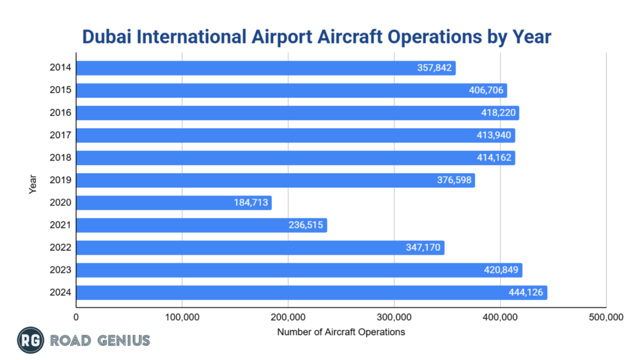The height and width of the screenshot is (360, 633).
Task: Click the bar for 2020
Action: point(173,203)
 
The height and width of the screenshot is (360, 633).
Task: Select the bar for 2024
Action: point(309,293)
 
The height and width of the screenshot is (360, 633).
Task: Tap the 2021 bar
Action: point(201,225)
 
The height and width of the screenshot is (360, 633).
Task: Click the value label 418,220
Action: point(498,113)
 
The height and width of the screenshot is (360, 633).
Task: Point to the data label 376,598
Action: point(454,181)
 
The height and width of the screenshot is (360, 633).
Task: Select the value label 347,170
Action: point(423,248)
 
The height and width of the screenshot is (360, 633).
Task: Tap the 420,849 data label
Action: point(501,270)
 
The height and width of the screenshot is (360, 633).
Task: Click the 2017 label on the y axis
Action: point(61,135)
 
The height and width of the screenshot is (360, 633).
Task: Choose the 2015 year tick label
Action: point(61,90)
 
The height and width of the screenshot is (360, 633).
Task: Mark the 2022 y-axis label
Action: point(61,248)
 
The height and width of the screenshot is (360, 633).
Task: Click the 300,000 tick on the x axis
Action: point(394,317)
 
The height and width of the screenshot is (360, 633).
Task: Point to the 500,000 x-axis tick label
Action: point(606,317)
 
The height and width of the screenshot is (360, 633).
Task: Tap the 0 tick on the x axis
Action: point(76,317)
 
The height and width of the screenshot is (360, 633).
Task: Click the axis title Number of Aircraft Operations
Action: point(341,332)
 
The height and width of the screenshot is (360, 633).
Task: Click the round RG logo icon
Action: point(28,340)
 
